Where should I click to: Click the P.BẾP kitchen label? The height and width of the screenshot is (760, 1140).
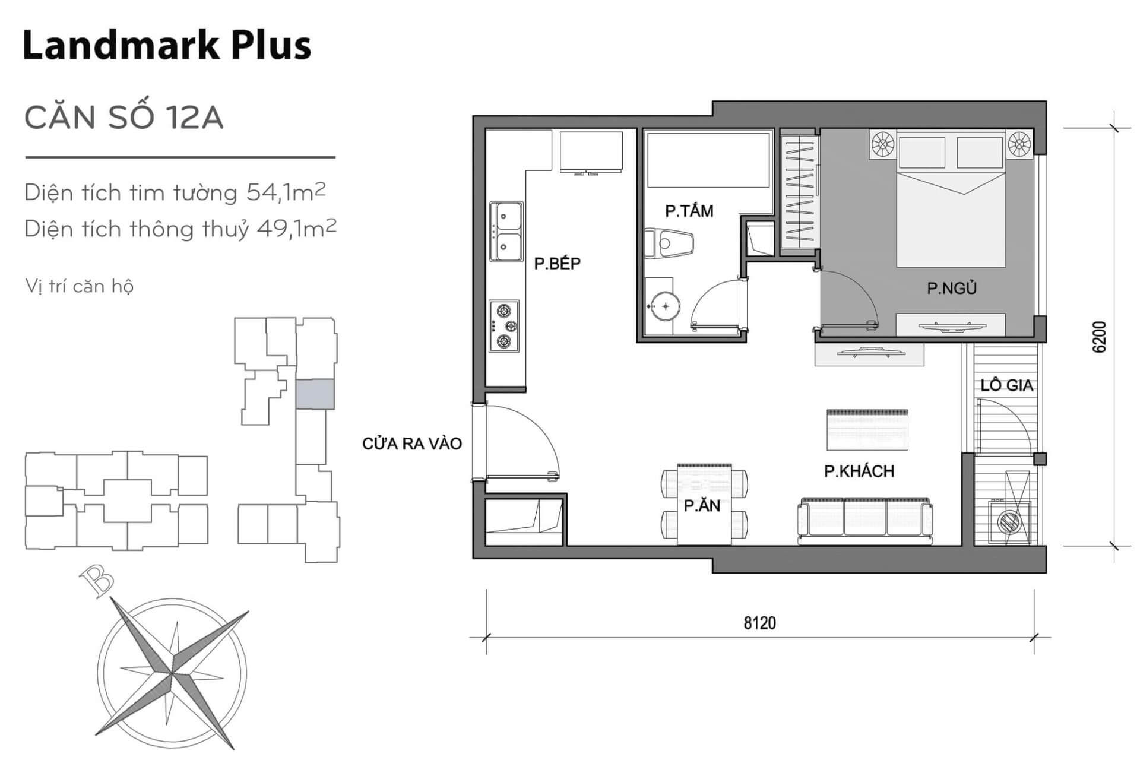coord(557,264)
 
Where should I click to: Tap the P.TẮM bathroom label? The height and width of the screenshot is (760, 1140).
coord(689,211)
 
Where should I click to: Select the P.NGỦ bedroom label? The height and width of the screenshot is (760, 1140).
coord(952,288)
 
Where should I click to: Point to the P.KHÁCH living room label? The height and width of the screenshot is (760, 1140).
coord(859,471)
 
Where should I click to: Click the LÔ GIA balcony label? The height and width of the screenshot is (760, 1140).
coord(1007,385)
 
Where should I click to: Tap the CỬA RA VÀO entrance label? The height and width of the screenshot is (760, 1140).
coord(412,444)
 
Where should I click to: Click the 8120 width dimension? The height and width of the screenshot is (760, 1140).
coord(760,623)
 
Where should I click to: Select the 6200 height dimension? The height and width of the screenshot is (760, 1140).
coord(1100,337)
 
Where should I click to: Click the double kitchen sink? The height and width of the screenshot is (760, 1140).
coord(506,231)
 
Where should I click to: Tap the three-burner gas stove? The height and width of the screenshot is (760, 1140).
coord(504,326)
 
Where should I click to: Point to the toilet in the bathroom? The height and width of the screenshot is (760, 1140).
coord(669,243)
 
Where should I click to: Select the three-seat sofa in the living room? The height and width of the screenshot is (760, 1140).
coord(865,521)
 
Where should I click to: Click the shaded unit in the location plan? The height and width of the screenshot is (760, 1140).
coord(315,394)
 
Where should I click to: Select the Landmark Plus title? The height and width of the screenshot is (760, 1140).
coord(167,45)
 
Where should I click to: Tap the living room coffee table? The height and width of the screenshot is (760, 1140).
coord(867,429)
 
